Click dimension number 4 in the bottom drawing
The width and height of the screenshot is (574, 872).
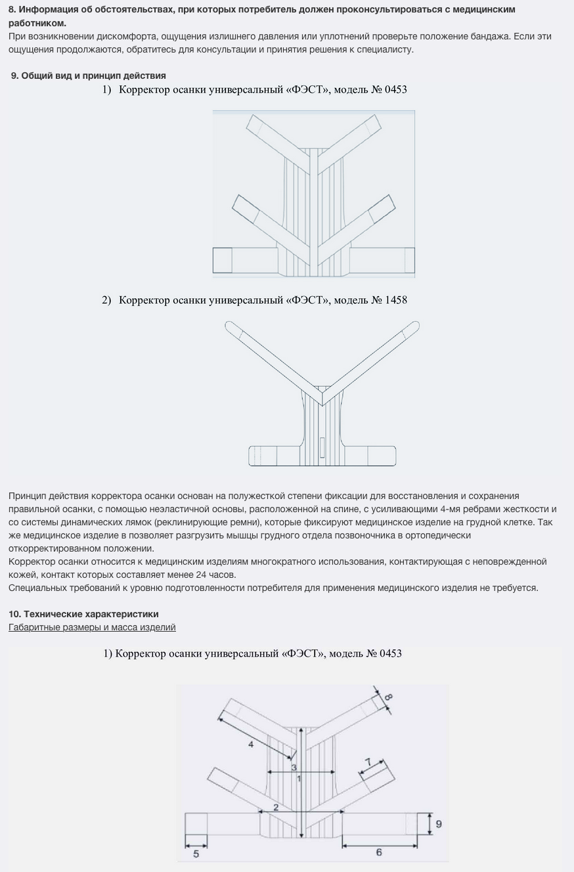coord(251,745)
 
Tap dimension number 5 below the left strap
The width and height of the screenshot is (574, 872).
coord(196,854)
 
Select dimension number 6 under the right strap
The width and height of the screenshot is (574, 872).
coord(379,852)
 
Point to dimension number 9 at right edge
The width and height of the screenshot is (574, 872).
coord(439,824)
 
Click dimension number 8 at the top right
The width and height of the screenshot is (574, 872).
coord(388,696)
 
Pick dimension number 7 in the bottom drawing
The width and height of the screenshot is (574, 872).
coord(368,761)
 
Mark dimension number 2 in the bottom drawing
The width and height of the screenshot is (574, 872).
coord(276,807)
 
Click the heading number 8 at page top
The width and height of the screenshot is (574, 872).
coord(12,10)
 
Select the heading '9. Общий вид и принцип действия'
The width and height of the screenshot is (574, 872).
coord(88,76)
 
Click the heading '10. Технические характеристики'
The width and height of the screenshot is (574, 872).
coord(83,614)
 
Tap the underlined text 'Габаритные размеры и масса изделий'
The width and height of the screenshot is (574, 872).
coord(92,627)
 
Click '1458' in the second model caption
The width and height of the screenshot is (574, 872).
coord(393,300)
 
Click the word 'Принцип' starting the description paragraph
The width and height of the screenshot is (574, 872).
coord(26,496)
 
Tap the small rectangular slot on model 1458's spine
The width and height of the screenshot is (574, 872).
coord(322,447)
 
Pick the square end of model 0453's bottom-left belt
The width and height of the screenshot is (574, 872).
coord(223,260)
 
